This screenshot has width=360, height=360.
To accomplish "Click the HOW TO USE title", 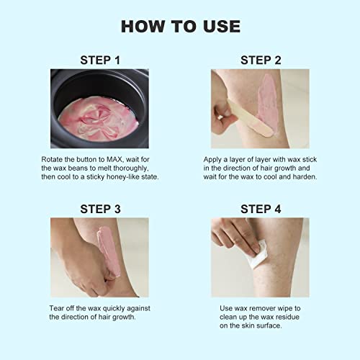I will [x=180, y=27].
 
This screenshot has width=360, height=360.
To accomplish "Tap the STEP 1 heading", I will [x=99, y=59].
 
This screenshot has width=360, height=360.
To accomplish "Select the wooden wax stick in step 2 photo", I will [x=234, y=119].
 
